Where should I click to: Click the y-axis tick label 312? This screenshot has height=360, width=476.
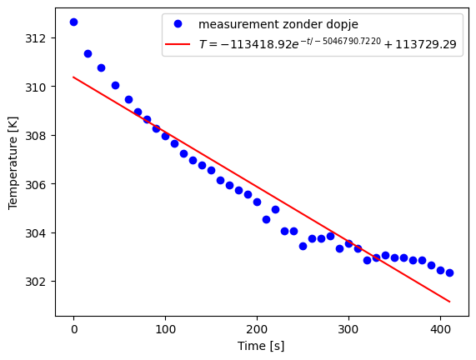[40, 38]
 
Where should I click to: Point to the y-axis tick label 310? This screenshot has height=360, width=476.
[40, 87]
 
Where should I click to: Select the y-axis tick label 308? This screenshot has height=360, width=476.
[40, 135]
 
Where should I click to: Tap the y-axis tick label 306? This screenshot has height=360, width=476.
[40, 183]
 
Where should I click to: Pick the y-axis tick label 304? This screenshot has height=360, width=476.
[40, 232]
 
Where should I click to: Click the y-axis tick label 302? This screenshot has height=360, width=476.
[40, 281]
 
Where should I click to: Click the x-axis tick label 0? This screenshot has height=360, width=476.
[73, 329]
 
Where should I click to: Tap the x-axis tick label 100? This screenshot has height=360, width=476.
[165, 329]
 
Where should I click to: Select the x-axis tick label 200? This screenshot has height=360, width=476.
[257, 329]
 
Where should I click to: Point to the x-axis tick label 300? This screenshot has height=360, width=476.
[348, 329]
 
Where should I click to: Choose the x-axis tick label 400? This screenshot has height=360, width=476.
[440, 329]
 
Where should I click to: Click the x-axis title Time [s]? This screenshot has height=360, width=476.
[261, 345]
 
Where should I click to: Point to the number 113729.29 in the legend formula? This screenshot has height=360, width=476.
[425, 44]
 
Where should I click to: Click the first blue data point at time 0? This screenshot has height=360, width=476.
[73, 22]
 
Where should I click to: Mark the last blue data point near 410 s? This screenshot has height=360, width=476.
[449, 272]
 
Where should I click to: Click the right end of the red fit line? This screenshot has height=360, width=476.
[449, 302]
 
